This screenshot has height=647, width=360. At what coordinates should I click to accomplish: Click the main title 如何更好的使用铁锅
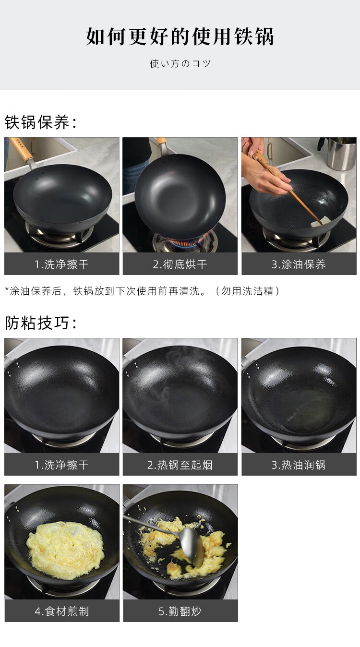pos(180,36)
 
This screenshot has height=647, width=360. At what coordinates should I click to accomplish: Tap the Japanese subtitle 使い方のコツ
pos(180,63)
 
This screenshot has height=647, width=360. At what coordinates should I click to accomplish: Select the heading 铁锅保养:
pos(40,122)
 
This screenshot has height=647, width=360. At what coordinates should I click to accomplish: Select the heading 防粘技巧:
pos(40,323)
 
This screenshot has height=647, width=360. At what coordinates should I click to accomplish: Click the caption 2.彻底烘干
pos(180,264)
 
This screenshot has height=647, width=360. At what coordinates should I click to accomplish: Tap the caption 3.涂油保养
pos(299,264)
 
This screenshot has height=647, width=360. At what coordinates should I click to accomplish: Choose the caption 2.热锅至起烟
pos(180,465)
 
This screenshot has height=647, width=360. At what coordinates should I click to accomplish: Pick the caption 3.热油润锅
pos(299,465)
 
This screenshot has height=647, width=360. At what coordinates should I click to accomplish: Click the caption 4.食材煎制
pos(61,611)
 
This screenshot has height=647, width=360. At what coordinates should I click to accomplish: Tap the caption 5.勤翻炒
pos(180,611)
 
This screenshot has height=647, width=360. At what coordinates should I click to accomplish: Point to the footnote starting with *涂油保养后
pos(142,291)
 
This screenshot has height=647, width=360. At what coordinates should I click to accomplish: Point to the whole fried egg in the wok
pos(65,549)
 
